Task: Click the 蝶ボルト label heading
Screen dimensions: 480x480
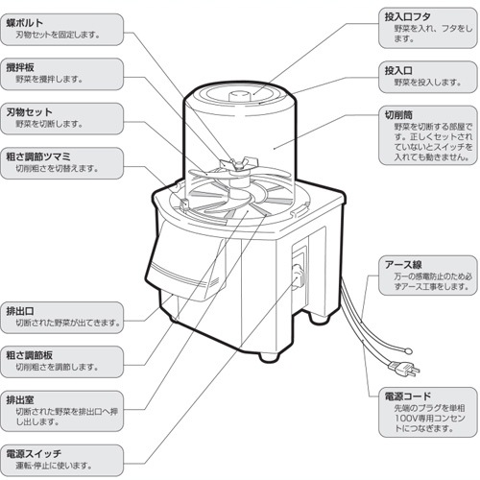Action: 25,23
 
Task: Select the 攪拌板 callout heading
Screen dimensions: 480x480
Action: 20,67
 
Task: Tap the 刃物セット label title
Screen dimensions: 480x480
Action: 29,112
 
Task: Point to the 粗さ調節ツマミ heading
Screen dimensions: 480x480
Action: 38,156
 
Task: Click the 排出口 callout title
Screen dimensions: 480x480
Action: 20,311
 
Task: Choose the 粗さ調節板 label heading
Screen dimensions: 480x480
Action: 29,355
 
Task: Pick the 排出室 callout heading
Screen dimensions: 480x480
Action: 20,399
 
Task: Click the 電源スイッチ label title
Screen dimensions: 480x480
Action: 34,453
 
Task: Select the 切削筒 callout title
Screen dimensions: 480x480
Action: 398,114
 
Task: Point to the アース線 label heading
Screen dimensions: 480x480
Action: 403,264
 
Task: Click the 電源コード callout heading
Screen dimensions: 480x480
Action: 407,396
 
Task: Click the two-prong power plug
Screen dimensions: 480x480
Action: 404,368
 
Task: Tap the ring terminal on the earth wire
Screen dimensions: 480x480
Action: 408,351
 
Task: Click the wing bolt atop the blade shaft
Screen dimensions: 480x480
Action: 238,163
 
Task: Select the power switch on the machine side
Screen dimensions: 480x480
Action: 299,275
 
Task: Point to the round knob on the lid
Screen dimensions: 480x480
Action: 240,96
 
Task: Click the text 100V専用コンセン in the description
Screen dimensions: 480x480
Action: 429,418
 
